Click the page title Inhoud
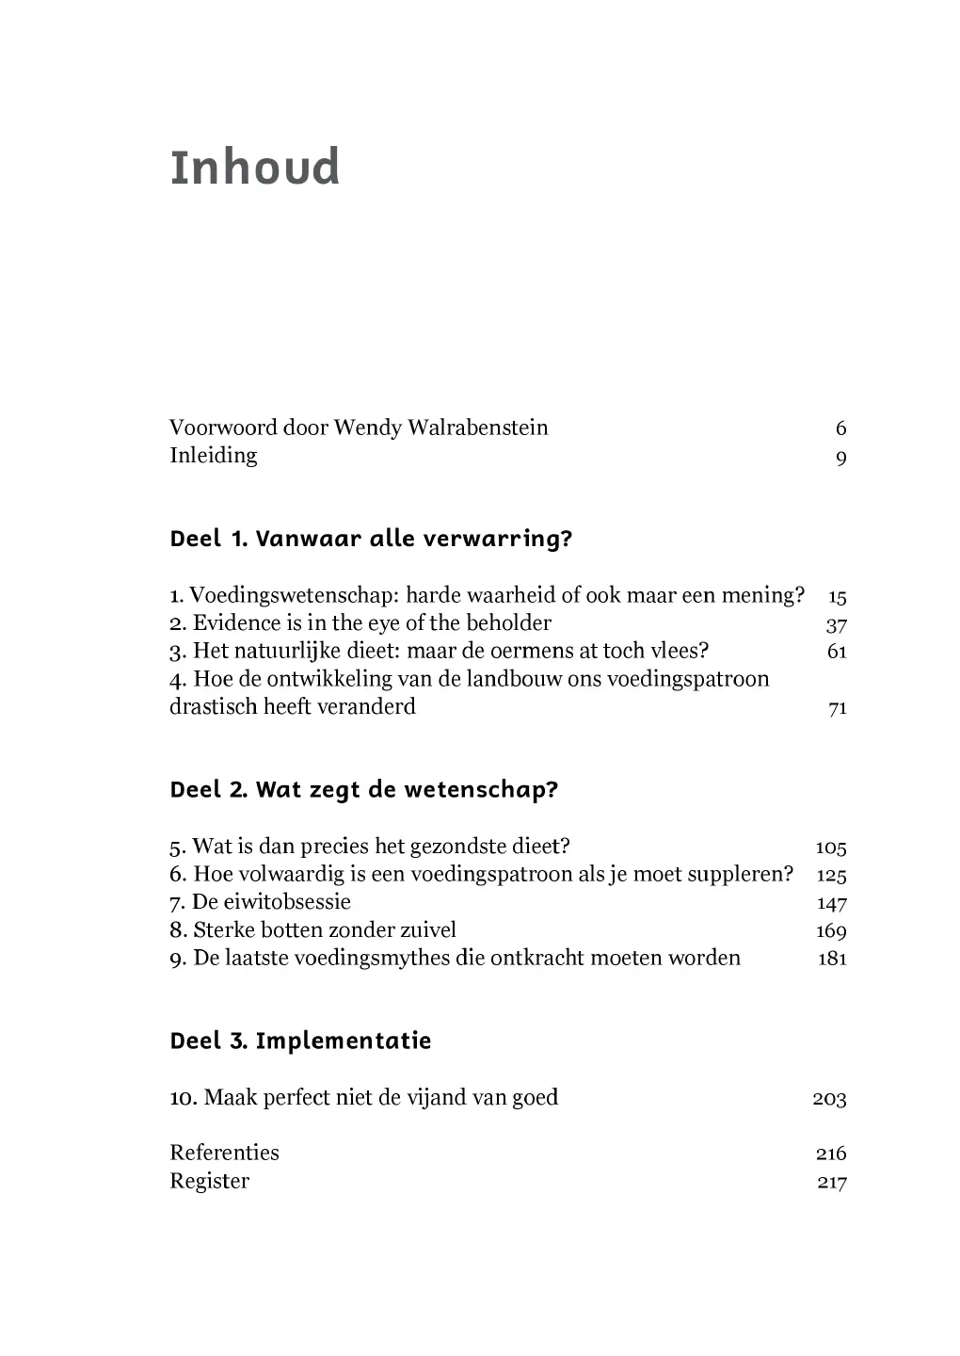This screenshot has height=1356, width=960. pos(254,168)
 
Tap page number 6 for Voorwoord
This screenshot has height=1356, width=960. pos(840,428)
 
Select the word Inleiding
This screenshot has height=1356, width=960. pos(213,456)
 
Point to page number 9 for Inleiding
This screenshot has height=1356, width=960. pos(840,458)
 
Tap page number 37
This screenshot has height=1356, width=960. pos(836,624)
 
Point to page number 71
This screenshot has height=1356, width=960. pos(837,708)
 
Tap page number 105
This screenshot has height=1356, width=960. pos(830,847)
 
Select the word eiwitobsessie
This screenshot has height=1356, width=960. pos(271,902)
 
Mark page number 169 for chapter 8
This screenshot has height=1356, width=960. pos(830,931)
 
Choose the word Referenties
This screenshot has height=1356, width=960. pos(224,1154)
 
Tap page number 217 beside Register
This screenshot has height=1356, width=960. pos(831,1183)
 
